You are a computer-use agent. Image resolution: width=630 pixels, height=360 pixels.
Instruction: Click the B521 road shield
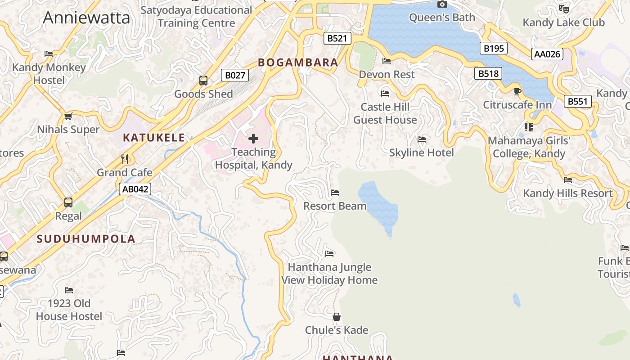tap(337, 38)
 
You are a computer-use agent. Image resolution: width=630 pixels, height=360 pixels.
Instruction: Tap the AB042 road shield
tap(135, 189)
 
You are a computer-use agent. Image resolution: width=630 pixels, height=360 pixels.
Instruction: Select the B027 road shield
tap(235, 75)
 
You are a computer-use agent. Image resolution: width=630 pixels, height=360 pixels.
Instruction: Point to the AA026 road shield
tap(547, 54)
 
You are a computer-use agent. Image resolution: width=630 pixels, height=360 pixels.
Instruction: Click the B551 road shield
tap(577, 101)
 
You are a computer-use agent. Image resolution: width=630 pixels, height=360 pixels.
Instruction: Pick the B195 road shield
tap(493, 48)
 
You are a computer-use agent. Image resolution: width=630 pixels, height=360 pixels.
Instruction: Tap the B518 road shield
tap(488, 73)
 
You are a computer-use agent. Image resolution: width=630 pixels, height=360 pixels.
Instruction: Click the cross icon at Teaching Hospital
tap(253, 139)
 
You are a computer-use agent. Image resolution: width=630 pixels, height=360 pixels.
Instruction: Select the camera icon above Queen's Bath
tap(442, 4)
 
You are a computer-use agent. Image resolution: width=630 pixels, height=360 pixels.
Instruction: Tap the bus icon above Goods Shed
tap(203, 81)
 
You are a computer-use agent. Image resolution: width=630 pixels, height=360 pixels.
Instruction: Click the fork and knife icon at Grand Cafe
tap(125, 159)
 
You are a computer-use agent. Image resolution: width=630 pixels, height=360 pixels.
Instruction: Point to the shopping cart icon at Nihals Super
tap(68, 116)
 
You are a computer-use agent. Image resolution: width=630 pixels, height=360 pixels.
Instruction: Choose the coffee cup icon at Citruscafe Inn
tap(517, 91)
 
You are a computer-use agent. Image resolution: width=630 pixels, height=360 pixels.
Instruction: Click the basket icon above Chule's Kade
tap(337, 317)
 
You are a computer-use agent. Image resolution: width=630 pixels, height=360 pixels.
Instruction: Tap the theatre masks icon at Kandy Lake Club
tap(563, 9)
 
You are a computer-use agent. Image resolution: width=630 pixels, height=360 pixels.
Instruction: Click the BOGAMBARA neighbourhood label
tap(298, 63)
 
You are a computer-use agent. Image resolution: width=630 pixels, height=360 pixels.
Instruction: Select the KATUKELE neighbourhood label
tap(154, 138)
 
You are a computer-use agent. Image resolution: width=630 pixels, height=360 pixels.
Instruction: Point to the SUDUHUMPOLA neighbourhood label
tap(86, 239)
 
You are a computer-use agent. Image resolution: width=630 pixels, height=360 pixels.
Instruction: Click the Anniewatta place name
tap(86, 18)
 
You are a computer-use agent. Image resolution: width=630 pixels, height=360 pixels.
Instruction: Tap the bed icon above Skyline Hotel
tap(422, 139)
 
